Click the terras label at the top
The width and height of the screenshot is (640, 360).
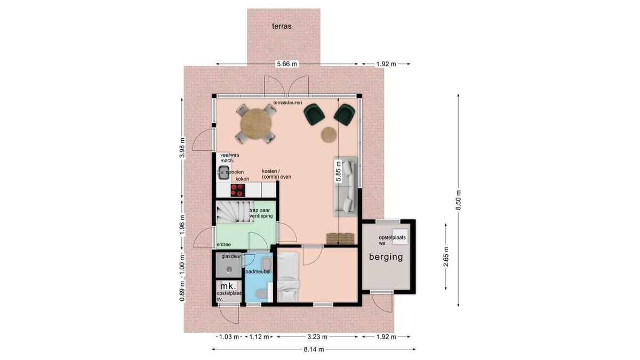tap(282, 26)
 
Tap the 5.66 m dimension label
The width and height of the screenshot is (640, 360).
tap(287, 64)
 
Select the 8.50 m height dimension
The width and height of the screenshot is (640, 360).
tap(458, 199)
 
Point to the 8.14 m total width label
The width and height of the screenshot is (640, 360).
tap(314, 349)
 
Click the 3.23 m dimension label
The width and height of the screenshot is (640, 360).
tap(317, 337)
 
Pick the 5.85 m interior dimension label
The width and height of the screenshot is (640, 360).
tap(338, 171)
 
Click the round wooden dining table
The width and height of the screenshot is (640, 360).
tap(256, 124)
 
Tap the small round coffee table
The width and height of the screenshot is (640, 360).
tap(329, 134)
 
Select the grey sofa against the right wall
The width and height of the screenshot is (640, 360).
tap(346, 186)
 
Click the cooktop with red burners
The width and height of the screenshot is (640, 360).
tap(238, 190)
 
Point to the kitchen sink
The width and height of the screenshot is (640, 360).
tap(222, 173)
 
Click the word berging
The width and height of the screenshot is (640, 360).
tap(386, 257)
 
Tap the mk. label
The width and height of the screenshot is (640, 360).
tap(228, 286)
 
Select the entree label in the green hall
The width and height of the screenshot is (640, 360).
tap(223, 245)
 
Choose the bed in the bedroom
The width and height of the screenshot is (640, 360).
tap(289, 277)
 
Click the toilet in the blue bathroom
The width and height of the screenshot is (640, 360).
tap(261, 293)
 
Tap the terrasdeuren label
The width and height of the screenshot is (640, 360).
tap(287, 102)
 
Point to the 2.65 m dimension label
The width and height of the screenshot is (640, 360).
tap(446, 257)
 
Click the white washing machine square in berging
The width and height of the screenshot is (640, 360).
tap(400, 237)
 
